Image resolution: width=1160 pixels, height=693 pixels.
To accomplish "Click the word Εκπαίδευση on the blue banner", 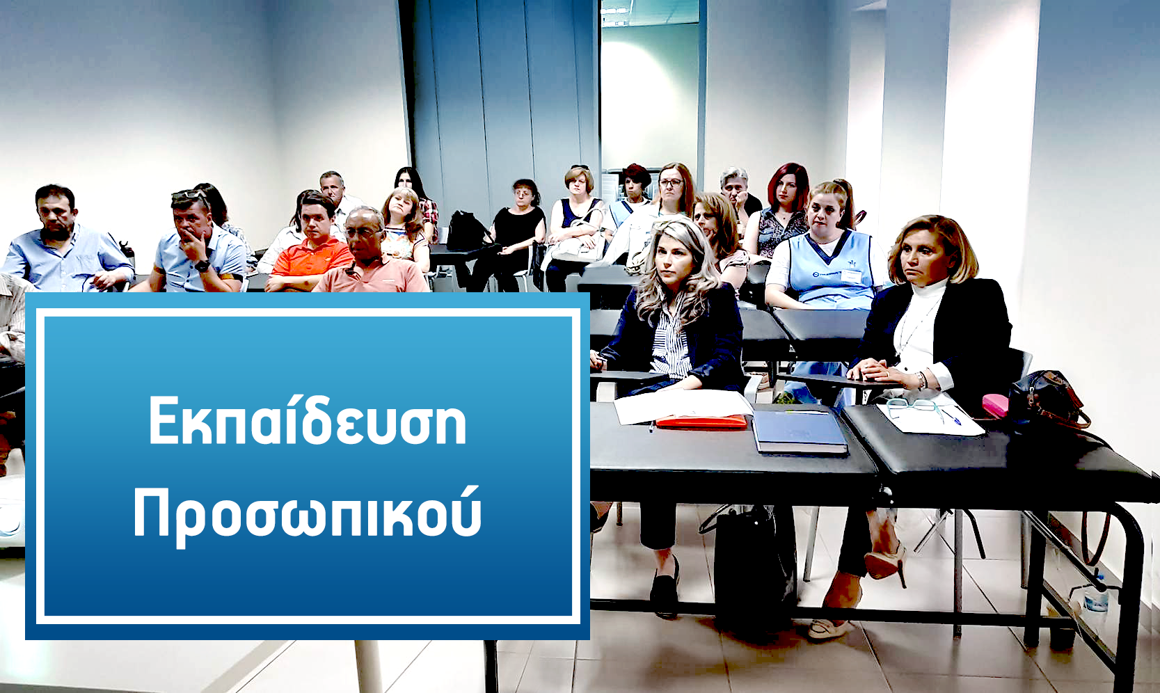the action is pyautogui.click(x=308, y=420).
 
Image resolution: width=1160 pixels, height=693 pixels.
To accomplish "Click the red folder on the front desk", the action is pyautogui.click(x=701, y=422).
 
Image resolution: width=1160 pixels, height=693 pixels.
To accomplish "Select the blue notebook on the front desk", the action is pyautogui.click(x=800, y=432).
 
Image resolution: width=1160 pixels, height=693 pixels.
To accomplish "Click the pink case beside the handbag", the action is pyautogui.click(x=995, y=406).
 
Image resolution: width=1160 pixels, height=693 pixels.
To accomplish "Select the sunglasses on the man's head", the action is pyautogui.click(x=189, y=196).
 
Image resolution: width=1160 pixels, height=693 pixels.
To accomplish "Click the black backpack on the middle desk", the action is pyautogui.click(x=466, y=231).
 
